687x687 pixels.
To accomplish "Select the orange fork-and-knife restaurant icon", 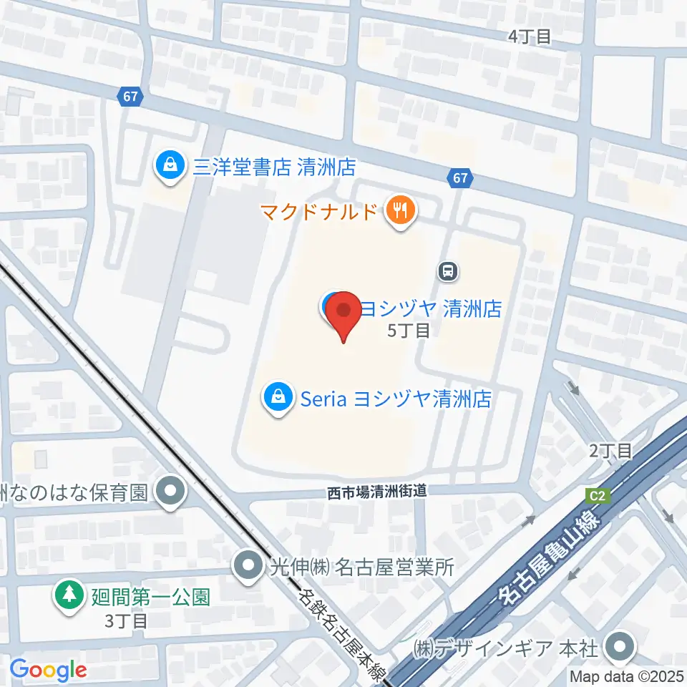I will click(399, 210).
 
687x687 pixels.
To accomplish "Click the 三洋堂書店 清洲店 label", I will click(274, 167).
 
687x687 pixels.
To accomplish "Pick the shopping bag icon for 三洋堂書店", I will click(170, 166).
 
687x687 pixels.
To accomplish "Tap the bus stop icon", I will click(448, 271).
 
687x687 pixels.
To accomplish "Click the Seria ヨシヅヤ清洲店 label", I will click(396, 399).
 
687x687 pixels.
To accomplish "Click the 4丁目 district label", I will click(530, 37).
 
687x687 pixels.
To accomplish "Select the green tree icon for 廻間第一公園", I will click(69, 595).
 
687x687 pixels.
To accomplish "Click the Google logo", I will click(48, 670).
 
